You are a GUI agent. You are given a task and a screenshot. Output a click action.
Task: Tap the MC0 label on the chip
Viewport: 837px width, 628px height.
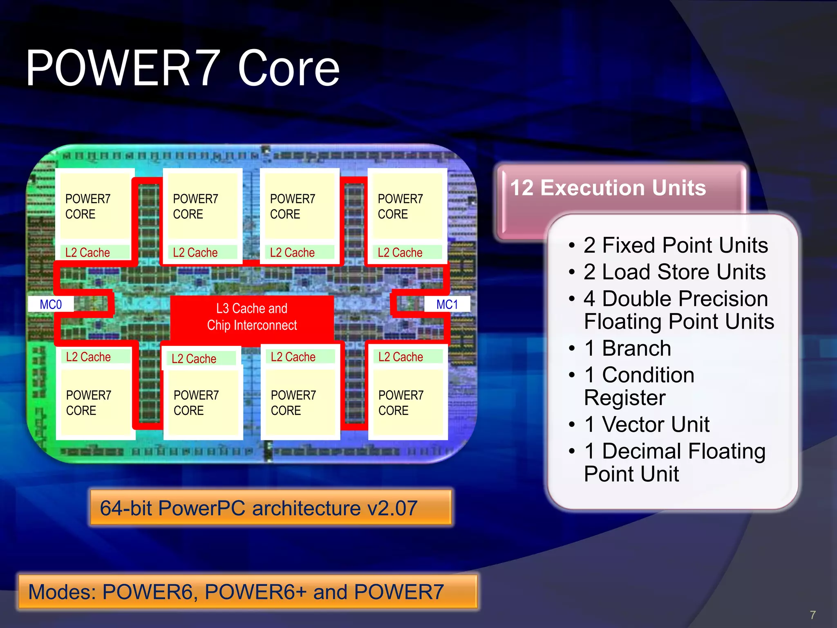tap(51, 305)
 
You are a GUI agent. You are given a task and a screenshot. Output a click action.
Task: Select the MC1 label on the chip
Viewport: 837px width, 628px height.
tap(447, 305)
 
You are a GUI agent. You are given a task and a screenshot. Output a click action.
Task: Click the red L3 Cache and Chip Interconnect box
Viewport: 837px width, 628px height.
tap(252, 317)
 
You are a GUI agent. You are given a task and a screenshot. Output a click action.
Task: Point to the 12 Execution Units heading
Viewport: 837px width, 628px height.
tap(608, 188)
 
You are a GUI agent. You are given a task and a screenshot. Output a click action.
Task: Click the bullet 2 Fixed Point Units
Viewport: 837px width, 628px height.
tap(676, 245)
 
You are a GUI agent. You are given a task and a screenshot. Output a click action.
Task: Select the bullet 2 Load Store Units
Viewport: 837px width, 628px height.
tap(674, 272)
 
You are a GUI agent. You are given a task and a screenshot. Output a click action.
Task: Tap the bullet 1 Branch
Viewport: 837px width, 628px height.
tap(627, 348)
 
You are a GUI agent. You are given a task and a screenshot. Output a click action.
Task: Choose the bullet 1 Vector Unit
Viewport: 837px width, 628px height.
tap(647, 424)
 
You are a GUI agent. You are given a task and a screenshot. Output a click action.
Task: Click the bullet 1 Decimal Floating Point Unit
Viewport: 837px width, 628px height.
tap(674, 462)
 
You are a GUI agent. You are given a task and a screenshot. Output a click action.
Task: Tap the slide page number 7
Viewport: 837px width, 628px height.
tap(812, 615)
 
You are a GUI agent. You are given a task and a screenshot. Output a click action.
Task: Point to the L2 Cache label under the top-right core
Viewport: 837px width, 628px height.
tap(400, 253)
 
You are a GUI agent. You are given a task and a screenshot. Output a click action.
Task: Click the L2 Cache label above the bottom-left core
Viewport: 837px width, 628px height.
tap(88, 357)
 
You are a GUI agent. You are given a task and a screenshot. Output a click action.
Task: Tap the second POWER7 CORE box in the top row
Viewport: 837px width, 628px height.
tap(202, 206)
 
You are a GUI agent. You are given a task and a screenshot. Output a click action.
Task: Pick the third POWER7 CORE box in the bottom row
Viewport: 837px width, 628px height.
tap(300, 403)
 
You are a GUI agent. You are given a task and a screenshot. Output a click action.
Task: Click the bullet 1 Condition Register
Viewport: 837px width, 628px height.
tap(639, 386)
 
